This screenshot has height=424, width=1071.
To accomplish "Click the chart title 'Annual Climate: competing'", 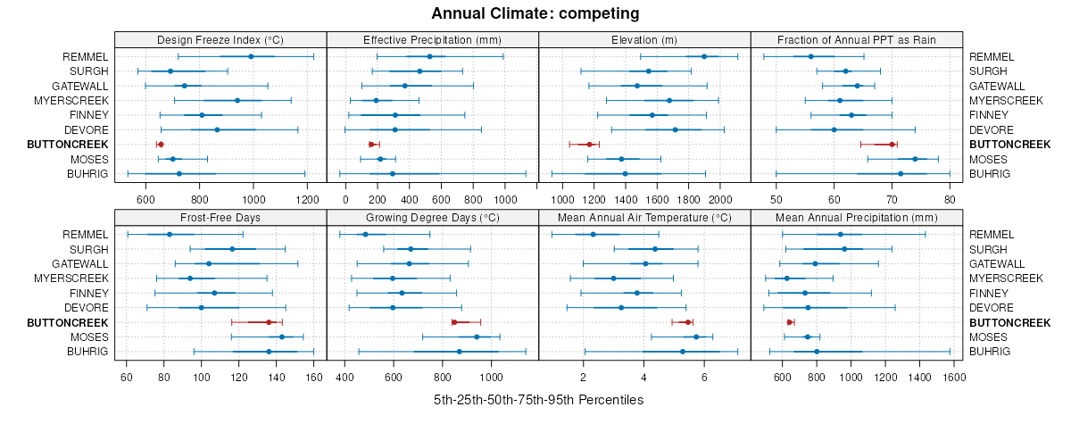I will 535,13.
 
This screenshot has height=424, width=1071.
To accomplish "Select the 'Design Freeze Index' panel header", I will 220,39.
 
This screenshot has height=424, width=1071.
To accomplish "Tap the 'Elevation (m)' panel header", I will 644,39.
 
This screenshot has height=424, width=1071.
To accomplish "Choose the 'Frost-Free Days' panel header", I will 220,217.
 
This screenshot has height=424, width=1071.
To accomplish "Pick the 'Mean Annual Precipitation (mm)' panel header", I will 857,217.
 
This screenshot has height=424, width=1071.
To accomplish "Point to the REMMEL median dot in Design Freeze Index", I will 251,56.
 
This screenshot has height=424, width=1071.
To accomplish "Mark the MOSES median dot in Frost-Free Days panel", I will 282,337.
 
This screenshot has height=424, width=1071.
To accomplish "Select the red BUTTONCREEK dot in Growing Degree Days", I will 454,322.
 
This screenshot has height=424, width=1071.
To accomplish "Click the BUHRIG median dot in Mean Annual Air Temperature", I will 683,352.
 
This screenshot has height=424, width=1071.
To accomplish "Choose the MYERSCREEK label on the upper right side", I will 1006,100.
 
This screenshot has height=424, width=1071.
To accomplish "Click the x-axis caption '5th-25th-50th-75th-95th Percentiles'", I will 538,400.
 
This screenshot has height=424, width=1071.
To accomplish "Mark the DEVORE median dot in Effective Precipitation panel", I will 395,129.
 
